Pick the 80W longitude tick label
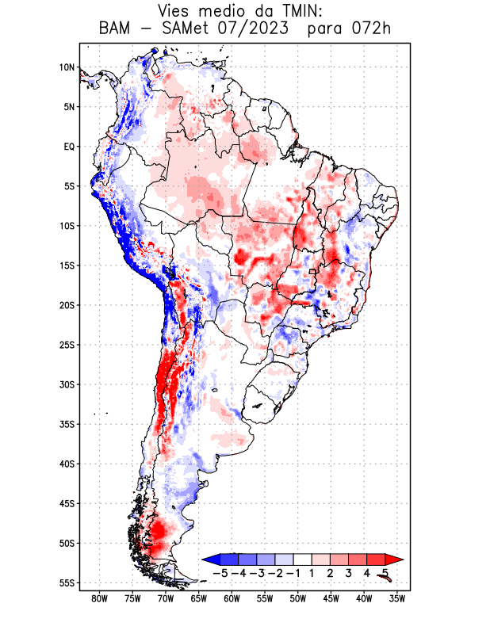99,598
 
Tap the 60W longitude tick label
232,598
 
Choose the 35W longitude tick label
396,598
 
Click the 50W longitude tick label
297,598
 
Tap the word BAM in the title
117,29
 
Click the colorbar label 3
348,573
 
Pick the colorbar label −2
275,573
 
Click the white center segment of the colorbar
302,560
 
